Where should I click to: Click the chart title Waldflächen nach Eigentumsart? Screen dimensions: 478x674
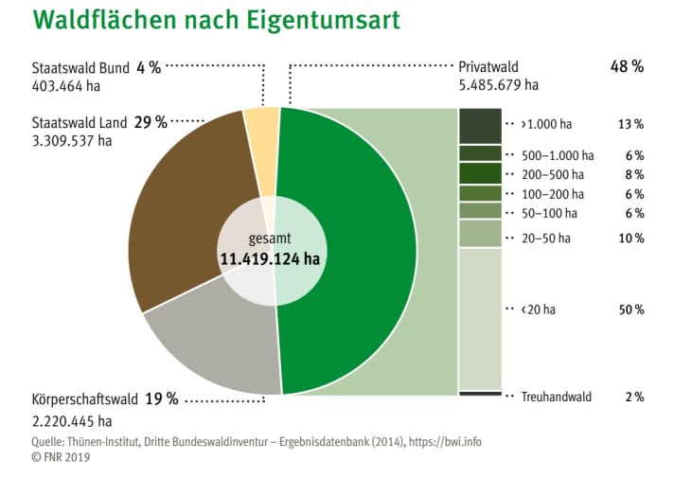pos(203,21)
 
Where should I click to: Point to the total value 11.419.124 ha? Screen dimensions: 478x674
pos(270,258)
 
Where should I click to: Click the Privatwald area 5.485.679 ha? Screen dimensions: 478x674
pos(498,85)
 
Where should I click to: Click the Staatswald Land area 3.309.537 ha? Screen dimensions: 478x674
pos(72,141)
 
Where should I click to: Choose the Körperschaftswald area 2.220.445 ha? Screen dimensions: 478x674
pos(72,420)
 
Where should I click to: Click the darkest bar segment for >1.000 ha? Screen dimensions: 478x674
pos(480,124)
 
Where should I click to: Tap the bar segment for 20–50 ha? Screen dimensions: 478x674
pos(480,234)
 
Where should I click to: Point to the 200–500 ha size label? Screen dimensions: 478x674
pos(557,175)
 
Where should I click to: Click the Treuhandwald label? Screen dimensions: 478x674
pos(556,397)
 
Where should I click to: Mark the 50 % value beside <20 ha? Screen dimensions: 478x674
pos(631,310)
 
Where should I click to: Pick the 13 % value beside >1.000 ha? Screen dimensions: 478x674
pos(631,124)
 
